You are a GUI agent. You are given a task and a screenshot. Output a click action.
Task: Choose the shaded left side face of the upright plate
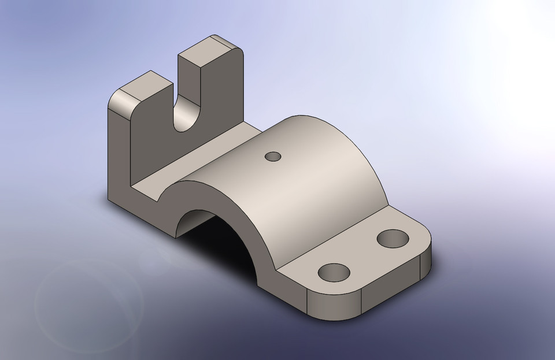[x=119, y=156]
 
